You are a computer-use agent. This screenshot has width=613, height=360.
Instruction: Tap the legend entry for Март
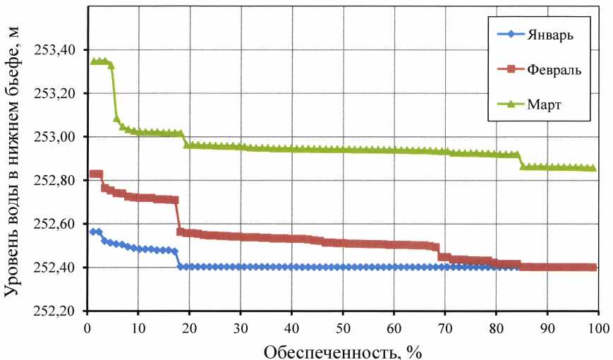(542, 104)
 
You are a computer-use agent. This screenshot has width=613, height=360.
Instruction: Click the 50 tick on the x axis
(342, 328)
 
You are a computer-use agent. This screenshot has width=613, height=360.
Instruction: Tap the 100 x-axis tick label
(597, 328)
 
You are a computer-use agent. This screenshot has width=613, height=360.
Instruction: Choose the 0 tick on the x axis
(87, 328)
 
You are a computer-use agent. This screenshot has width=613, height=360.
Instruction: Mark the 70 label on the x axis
(444, 328)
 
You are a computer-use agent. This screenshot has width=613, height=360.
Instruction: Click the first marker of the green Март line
(92, 61)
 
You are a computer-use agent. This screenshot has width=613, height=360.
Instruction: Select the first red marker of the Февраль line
(92, 174)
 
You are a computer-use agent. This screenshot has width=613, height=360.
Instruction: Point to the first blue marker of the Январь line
(92, 232)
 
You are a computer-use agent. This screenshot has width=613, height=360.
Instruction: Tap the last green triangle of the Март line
(593, 168)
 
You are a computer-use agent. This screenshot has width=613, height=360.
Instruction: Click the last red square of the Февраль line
(593, 267)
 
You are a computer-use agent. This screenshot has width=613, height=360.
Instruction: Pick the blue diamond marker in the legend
(505, 36)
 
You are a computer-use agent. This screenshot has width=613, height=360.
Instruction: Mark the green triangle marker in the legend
(505, 104)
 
